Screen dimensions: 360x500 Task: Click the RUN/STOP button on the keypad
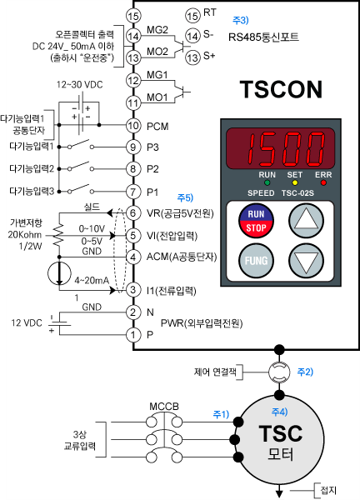pyautogui.click(x=256, y=221)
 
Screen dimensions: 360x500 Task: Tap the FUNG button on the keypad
pyautogui.click(x=256, y=261)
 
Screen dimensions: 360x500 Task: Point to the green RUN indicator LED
pyautogui.click(x=267, y=183)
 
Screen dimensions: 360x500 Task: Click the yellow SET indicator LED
pyautogui.click(x=295, y=183)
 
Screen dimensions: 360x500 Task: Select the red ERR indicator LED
pyautogui.click(x=323, y=183)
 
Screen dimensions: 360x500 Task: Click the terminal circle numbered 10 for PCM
pyautogui.click(x=133, y=126)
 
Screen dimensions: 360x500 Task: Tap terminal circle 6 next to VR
pyautogui.click(x=133, y=213)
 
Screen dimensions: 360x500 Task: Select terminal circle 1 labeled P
pyautogui.click(x=133, y=335)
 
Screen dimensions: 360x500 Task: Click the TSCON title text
pyautogui.click(x=281, y=89)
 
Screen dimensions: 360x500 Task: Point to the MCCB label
pyautogui.click(x=164, y=407)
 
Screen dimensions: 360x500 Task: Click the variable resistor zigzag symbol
pyautogui.click(x=59, y=235)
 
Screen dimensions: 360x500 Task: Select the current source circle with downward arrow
pyautogui.click(x=59, y=273)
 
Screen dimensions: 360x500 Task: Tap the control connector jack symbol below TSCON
pyautogui.click(x=279, y=372)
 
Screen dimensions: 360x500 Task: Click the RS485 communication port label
pyautogui.click(x=263, y=37)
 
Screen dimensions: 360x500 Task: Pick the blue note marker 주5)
pyautogui.click(x=185, y=198)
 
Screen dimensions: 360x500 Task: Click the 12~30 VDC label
pyautogui.click(x=80, y=85)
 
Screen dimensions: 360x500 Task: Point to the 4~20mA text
pyautogui.click(x=92, y=280)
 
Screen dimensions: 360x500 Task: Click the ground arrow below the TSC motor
pyautogui.click(x=279, y=492)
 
